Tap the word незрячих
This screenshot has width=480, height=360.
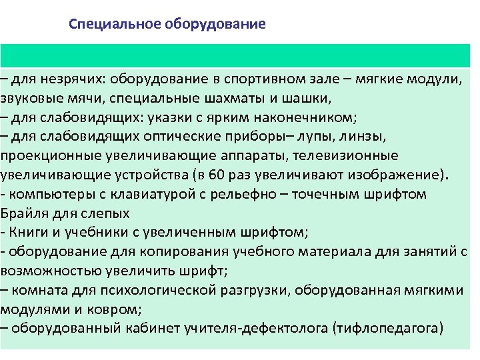(69, 79)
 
